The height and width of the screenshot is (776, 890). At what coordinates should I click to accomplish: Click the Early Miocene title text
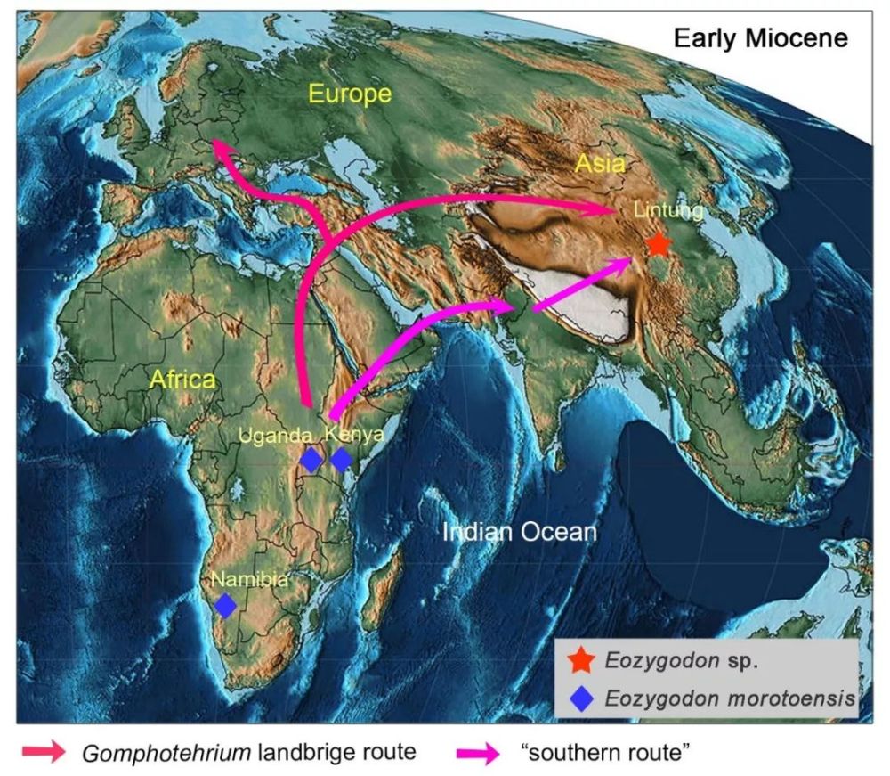click(760, 39)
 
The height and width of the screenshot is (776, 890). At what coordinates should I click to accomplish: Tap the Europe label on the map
click(350, 94)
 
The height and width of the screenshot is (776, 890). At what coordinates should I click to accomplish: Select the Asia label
click(599, 163)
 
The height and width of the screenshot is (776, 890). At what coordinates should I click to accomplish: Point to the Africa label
click(182, 380)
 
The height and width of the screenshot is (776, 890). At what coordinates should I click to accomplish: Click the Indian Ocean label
click(519, 532)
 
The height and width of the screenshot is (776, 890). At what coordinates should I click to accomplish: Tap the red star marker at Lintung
click(658, 242)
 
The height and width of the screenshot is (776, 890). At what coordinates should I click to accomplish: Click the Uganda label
click(276, 437)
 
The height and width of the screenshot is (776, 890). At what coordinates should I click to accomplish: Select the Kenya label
click(354, 435)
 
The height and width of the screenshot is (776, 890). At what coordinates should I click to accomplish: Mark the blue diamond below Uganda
click(311, 460)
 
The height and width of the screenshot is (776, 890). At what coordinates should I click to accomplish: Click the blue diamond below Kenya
click(342, 460)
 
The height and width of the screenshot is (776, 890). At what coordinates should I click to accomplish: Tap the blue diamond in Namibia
click(226, 606)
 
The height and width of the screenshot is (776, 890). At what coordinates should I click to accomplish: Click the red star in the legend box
click(580, 660)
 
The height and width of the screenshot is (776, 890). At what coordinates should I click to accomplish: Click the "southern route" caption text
click(604, 752)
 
